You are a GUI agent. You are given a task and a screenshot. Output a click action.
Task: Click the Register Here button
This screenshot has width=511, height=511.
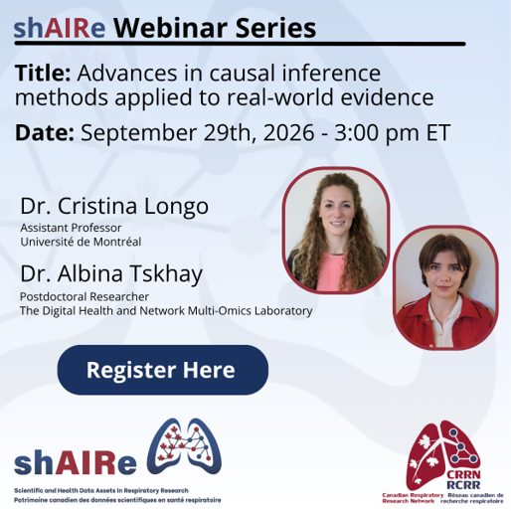point(163,370)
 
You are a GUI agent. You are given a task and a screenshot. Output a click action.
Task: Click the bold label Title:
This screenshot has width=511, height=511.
point(43,73)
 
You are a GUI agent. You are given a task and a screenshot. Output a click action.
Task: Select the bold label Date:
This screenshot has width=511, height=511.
point(45,132)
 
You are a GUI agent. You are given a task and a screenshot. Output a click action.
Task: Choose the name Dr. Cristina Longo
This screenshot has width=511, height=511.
point(114,206)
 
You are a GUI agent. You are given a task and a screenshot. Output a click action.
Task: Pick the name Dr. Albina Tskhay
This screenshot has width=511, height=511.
point(111,274)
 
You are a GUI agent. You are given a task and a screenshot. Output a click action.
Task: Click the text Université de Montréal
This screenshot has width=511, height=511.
point(81,242)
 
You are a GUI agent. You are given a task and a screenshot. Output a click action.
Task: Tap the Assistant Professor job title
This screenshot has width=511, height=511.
point(71,228)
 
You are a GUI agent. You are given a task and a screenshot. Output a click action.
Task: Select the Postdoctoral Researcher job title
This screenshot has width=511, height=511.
point(85,296)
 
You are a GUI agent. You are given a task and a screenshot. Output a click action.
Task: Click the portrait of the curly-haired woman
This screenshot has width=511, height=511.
point(336,230)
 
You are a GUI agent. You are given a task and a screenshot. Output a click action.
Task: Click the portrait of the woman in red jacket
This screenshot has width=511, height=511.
point(445,287)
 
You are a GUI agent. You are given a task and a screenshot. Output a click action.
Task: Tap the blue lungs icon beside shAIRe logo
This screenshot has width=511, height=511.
point(184,445)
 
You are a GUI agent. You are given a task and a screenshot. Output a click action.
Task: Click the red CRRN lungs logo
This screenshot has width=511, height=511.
point(443,454)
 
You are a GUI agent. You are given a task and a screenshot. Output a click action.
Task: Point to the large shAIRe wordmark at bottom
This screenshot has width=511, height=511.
point(76,462)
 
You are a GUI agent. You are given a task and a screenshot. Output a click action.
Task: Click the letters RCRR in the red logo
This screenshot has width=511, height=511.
point(463,485)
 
